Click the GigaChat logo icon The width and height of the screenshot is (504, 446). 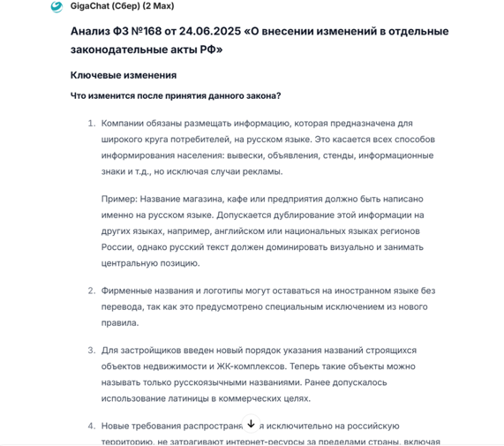(x=57, y=7)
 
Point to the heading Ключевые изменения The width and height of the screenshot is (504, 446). (x=123, y=75)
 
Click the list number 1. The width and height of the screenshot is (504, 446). (x=91, y=123)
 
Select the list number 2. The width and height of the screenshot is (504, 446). (x=91, y=290)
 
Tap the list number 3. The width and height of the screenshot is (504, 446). (x=91, y=350)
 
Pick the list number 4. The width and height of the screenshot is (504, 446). (x=91, y=425)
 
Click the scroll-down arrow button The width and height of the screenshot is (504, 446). (x=251, y=424)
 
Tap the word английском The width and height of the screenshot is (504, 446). (x=241, y=231)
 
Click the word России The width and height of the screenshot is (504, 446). (x=118, y=246)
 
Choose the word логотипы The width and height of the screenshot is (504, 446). (x=233, y=290)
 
